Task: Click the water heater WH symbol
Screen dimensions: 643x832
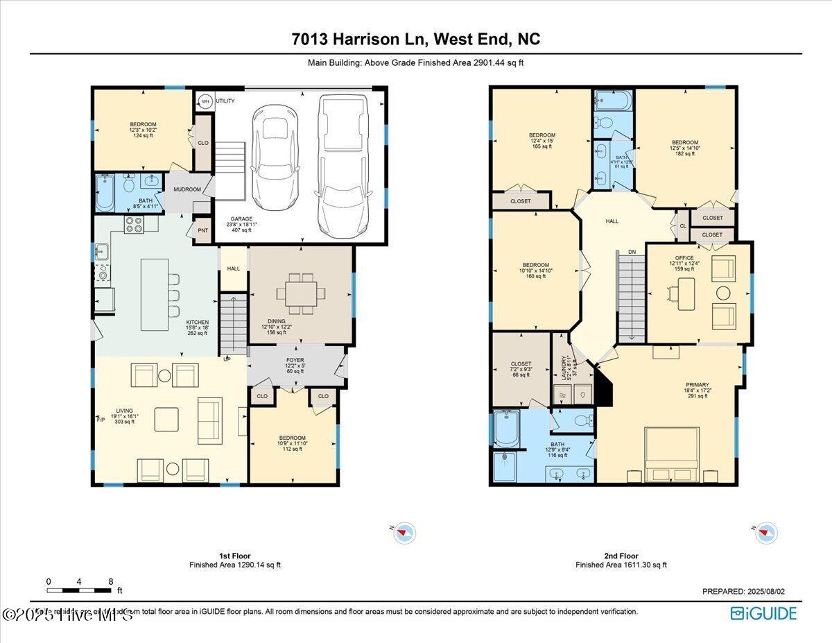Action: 205,101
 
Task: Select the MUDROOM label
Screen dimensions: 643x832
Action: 187,189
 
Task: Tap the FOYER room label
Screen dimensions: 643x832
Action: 295,361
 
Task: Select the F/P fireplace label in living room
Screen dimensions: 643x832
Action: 101,420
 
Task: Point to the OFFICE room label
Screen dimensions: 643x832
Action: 684,258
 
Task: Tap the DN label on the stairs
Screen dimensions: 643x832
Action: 632,252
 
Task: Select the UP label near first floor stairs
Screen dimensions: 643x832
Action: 226,359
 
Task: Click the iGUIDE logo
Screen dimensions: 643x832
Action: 763,613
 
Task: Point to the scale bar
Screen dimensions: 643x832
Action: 79,590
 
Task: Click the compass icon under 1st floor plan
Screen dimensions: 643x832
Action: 406,533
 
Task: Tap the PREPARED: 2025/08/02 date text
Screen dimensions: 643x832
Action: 743,592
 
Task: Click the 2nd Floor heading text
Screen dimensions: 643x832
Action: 621,556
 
